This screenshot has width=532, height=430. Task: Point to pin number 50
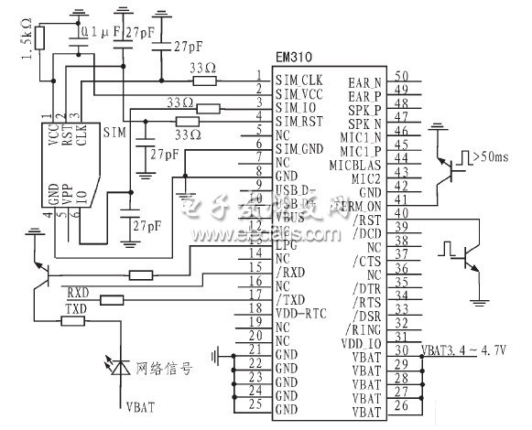click(x=400, y=76)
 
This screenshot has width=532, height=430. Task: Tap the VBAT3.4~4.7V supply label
click(x=463, y=349)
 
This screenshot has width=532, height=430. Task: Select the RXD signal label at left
click(x=77, y=292)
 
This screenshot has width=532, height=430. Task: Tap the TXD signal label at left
click(x=75, y=312)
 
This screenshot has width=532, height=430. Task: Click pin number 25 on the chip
click(x=259, y=404)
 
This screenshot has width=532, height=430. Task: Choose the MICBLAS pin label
click(x=360, y=165)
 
